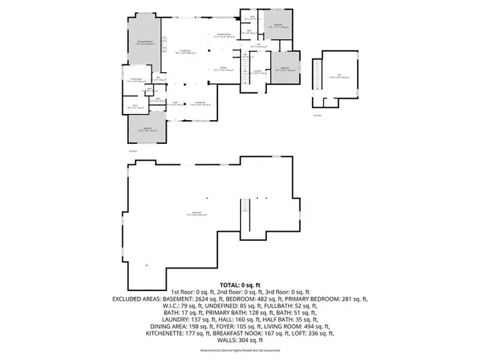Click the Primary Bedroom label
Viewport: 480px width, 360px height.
(x=144, y=43)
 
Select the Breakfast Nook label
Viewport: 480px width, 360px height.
(x=223, y=36)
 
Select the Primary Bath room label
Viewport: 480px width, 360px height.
(x=137, y=80)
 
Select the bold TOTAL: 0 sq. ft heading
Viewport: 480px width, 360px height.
(x=240, y=285)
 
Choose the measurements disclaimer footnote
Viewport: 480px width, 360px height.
(x=240, y=351)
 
